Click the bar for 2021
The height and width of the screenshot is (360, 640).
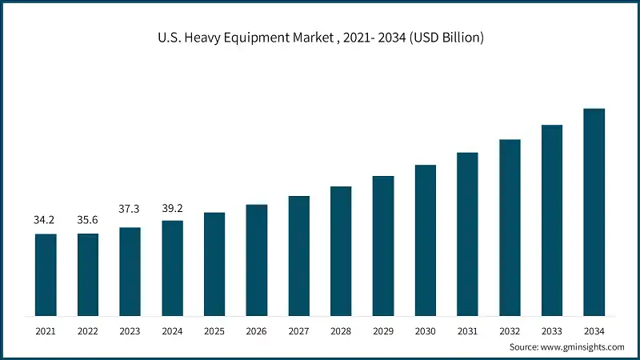click(46, 274)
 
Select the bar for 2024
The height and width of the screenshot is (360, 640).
click(172, 267)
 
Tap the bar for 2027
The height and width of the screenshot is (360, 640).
click(299, 255)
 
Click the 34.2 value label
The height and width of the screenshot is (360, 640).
click(45, 219)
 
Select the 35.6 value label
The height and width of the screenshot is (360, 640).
click(88, 219)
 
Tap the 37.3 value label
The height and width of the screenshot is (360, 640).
click(130, 209)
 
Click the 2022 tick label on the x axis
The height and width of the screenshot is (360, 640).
click(88, 330)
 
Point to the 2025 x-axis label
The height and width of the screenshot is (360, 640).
click(214, 330)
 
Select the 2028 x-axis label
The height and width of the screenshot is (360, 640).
click(341, 330)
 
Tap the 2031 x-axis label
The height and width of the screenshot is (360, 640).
click(467, 330)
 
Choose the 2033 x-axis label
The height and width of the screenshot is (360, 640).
click(552, 330)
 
